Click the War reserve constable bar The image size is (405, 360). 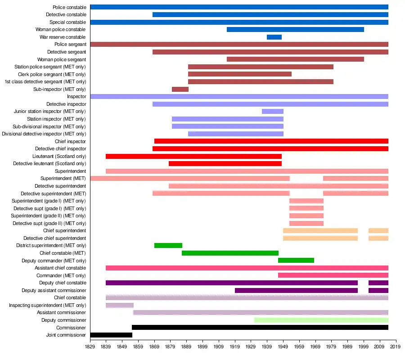click(x=274, y=37)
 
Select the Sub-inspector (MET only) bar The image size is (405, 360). click(x=180, y=89)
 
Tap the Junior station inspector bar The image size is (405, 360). click(x=273, y=111)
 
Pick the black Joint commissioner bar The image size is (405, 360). click(x=111, y=335)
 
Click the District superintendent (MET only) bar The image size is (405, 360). click(x=168, y=245)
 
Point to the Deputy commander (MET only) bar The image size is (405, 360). click(x=296, y=260)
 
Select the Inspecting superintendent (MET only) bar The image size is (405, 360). click(x=120, y=305)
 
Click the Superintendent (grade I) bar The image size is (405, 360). click(x=306, y=201)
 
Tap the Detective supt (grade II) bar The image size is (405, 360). click(x=306, y=223)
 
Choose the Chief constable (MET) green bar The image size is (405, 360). click(x=230, y=253)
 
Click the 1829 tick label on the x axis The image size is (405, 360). click(x=90, y=347)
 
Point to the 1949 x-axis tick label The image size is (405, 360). click(x=283, y=347)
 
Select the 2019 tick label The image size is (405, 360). click(x=396, y=347)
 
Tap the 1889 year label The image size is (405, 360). click(x=187, y=347)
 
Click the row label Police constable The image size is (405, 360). click(x=69, y=7)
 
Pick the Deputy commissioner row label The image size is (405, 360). click(x=63, y=320)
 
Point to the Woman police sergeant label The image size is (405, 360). click(x=62, y=59)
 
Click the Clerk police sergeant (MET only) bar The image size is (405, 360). click(x=240, y=74)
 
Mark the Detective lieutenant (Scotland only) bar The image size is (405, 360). click(x=225, y=163)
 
